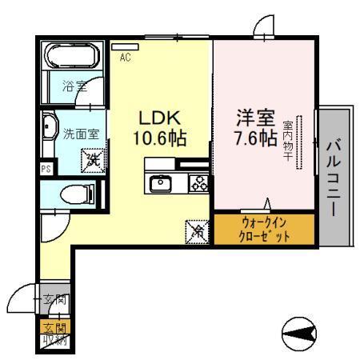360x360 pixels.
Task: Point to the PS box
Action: click(45, 169)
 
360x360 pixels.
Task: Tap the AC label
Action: click(126, 57)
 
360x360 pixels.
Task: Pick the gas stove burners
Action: click(197, 183)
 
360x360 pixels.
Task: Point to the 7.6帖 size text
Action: click(250, 138)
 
